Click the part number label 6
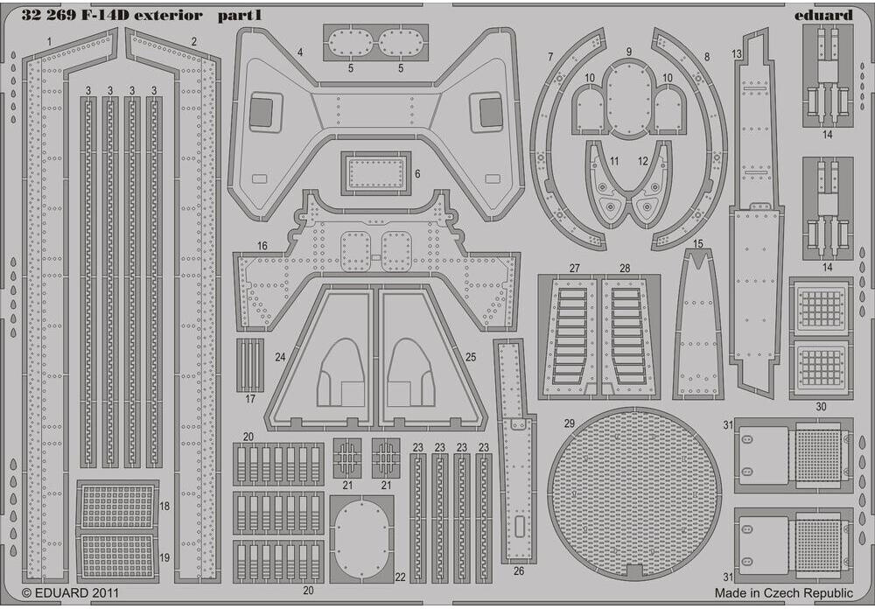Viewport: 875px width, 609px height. [x=417, y=173]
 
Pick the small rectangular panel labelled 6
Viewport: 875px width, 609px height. [x=374, y=172]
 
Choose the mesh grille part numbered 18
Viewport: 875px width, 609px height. [x=117, y=506]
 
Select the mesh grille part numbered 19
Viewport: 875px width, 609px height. [x=117, y=557]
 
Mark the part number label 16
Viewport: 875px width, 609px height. [x=262, y=248]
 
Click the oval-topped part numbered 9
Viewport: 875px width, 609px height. [x=628, y=99]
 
